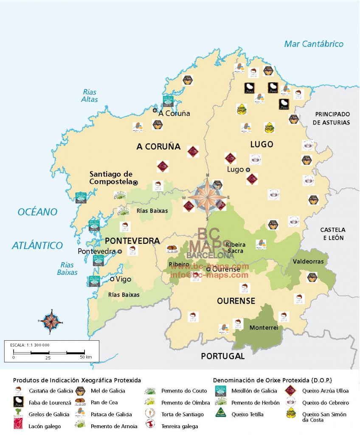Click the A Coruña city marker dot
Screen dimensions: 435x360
coord(155,110)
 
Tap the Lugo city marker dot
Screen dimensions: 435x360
coord(248,169)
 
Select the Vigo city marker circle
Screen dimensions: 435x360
coord(112,279)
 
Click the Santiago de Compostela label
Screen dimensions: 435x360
coord(111,178)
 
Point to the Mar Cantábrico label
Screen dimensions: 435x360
coord(314,44)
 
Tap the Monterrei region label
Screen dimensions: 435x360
coord(264,328)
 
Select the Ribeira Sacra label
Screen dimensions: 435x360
coord(235,248)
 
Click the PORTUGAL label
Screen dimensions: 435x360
coord(223,356)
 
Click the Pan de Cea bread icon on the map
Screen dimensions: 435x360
coord(172,249)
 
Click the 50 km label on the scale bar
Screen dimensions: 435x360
coord(86,357)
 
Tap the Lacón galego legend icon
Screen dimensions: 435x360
coord(18,425)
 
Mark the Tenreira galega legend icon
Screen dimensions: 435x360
coord(149,425)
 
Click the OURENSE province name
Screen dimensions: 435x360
coord(236,301)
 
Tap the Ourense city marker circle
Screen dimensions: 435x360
coord(208,269)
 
